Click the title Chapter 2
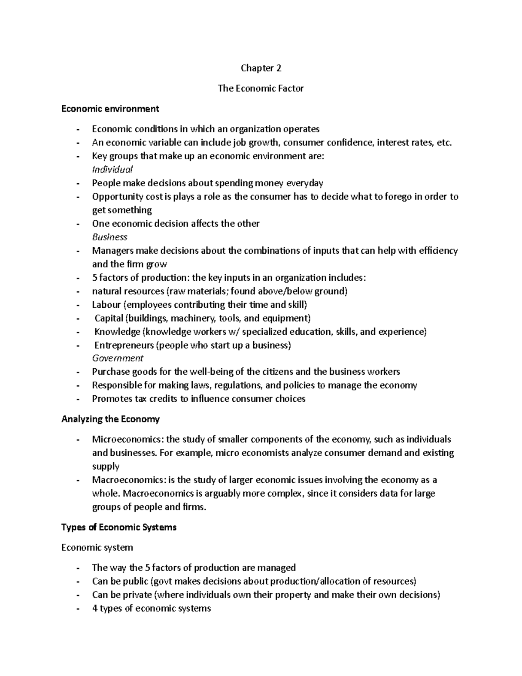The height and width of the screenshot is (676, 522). (x=261, y=68)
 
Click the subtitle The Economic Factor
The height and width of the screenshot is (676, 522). (x=261, y=88)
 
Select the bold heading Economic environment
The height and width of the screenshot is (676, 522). (x=110, y=108)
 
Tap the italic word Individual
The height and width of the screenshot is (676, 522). (x=112, y=169)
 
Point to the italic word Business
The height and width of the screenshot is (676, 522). (x=110, y=237)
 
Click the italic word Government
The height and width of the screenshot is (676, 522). (x=117, y=358)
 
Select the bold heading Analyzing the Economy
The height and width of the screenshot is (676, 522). (x=110, y=419)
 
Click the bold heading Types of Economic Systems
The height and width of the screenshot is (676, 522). (x=119, y=527)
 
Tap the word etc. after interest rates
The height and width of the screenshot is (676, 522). (x=444, y=142)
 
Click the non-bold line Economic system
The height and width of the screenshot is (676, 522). (x=97, y=547)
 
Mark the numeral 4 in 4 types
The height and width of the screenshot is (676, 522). (x=94, y=608)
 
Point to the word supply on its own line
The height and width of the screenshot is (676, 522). (x=105, y=466)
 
